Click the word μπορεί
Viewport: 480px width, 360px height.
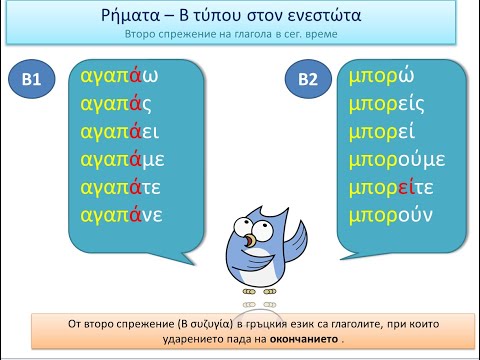click(388, 132)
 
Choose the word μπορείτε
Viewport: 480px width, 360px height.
click(397, 186)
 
